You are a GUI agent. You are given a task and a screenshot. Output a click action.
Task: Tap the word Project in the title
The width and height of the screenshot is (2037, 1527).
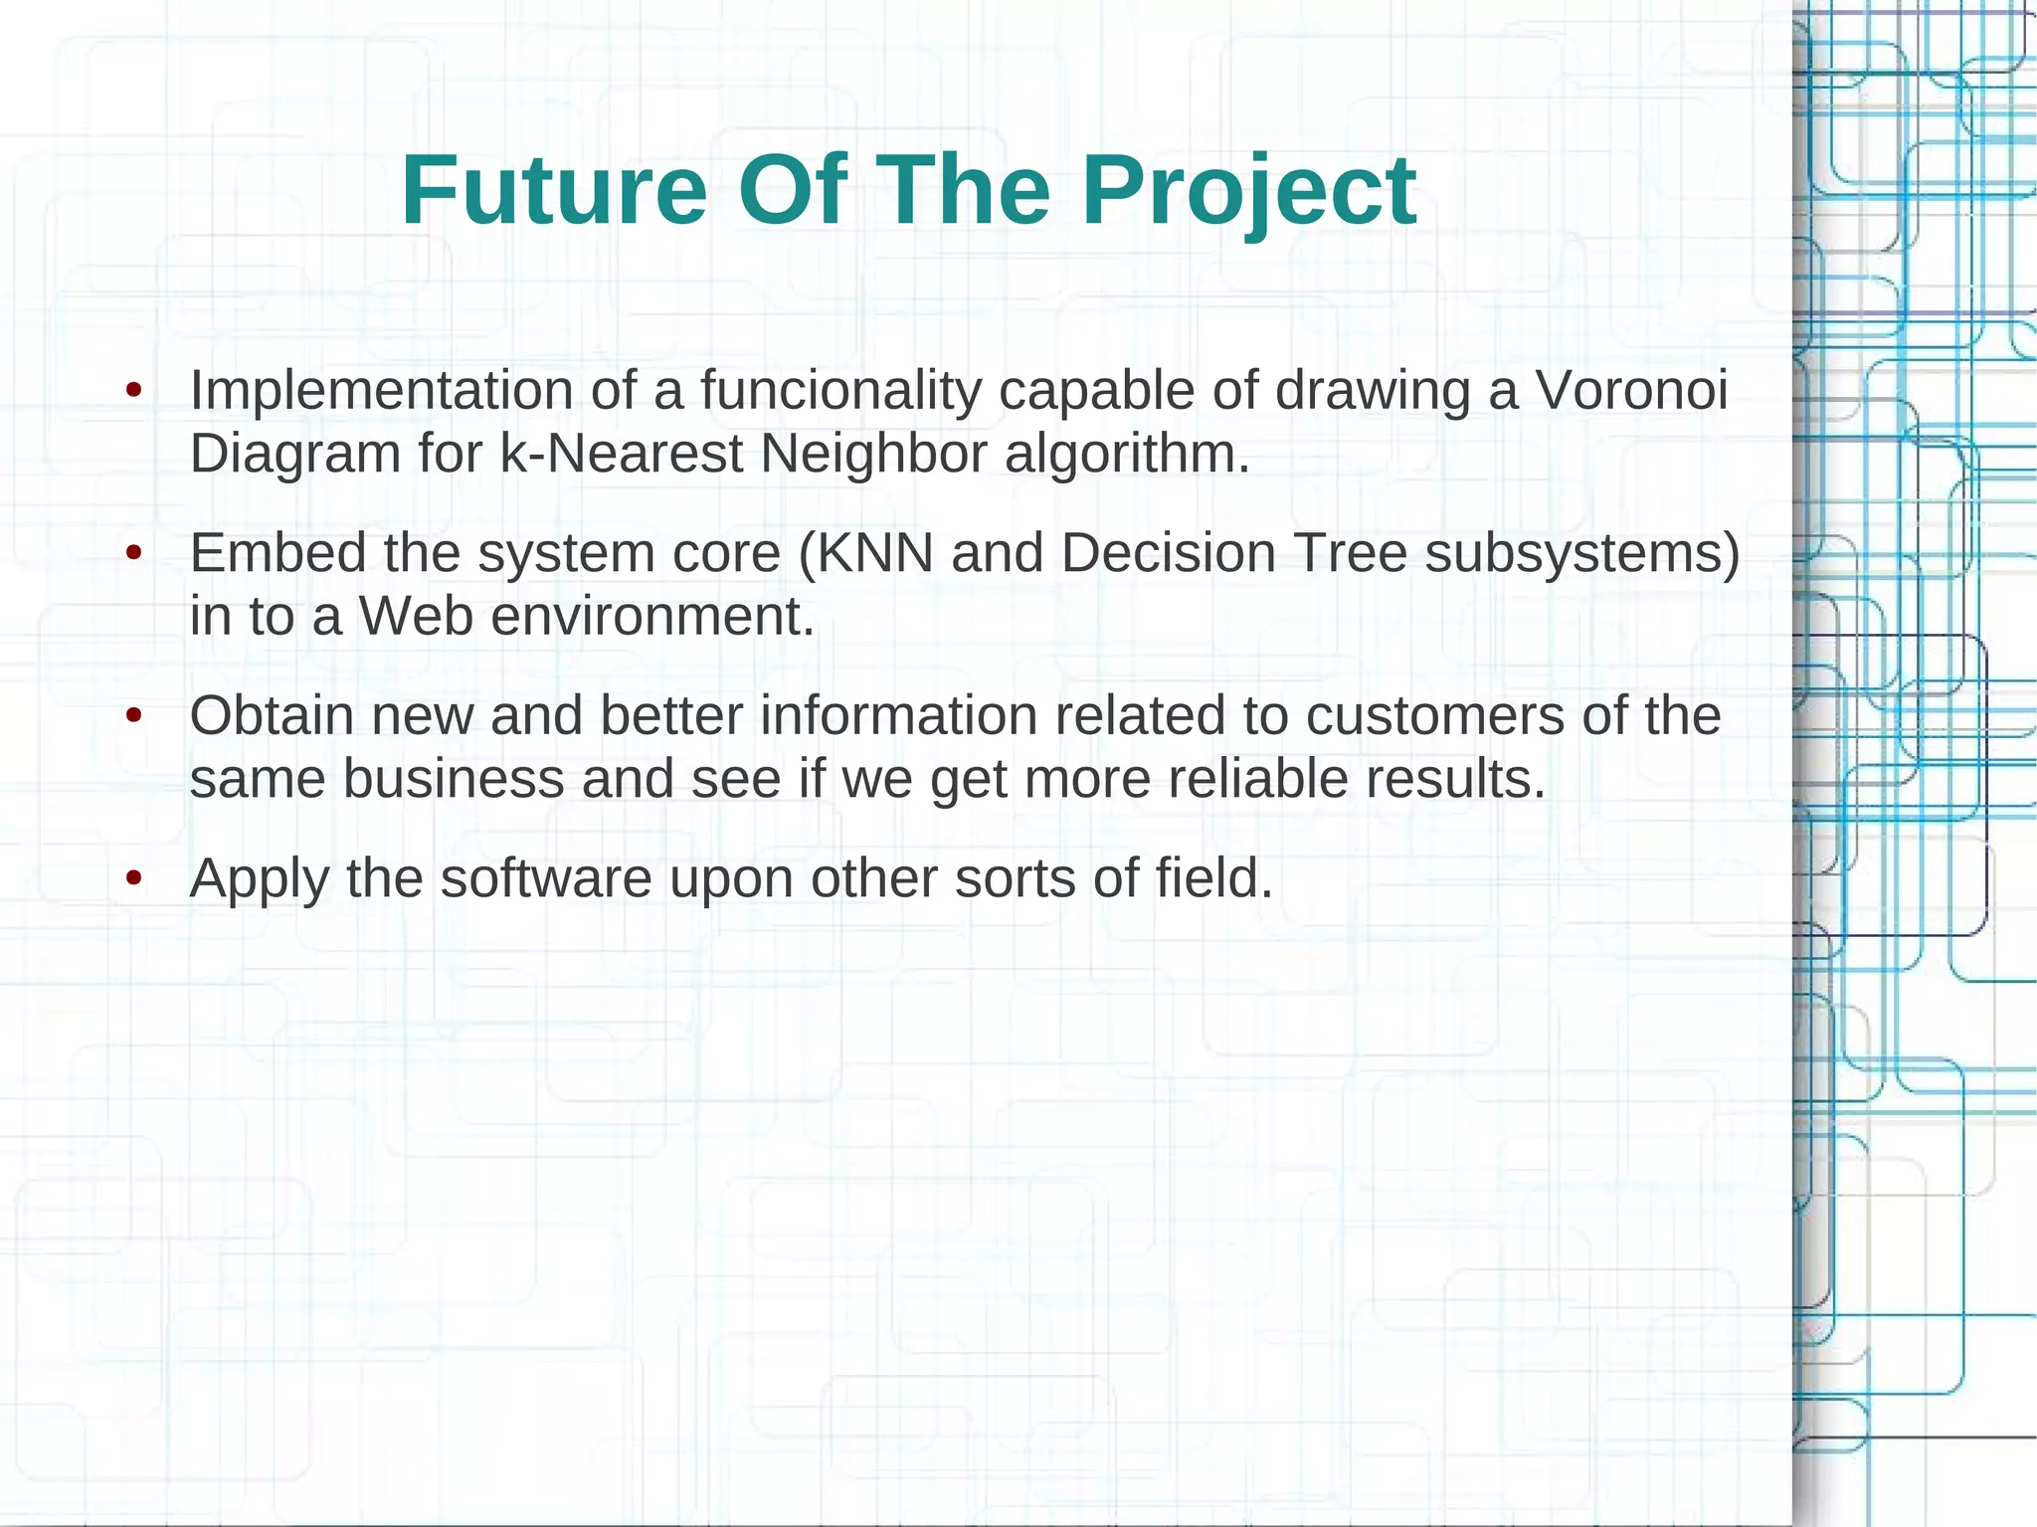tap(1248, 191)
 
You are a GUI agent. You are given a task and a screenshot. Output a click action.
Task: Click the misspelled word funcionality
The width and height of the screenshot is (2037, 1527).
tap(840, 390)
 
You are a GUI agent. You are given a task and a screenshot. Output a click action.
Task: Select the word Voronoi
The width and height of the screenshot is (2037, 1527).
tap(1631, 390)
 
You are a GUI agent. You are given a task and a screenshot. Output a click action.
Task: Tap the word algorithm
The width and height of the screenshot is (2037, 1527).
tap(1126, 454)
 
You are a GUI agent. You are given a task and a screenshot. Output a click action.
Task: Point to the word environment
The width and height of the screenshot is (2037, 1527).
tap(652, 617)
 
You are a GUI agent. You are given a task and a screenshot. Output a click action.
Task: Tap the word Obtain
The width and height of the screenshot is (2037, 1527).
tap(272, 716)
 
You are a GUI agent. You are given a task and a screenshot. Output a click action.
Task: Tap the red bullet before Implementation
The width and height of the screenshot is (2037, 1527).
tap(134, 390)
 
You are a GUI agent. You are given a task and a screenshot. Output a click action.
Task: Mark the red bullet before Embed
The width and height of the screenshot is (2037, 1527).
tap(134, 553)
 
